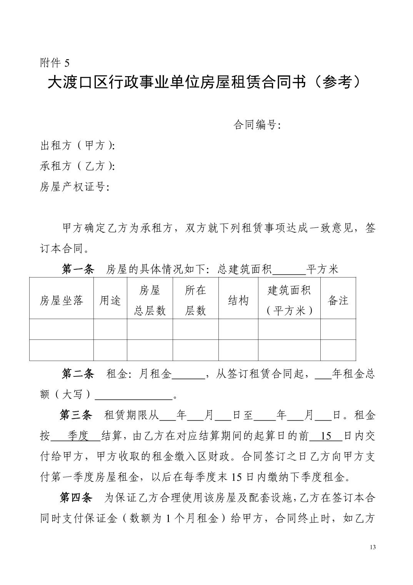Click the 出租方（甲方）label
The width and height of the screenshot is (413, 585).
pos(77,145)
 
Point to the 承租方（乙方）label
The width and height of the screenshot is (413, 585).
pos(77,166)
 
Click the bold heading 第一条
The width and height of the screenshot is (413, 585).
pos(78,269)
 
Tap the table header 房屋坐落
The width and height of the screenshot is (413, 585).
pos(62,301)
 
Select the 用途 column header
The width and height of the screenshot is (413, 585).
pos(110,301)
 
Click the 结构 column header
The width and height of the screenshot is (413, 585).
pos(238,301)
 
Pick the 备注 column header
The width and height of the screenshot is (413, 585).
pos(338,301)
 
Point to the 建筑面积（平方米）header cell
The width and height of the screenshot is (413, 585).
pos(289,301)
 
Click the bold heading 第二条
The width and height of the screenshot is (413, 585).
pos(78,374)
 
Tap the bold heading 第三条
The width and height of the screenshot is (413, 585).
pos(76,415)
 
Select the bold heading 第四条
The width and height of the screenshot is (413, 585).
pos(76,498)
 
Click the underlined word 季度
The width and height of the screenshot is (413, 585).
pos(78,436)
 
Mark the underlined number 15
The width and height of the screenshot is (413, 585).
pos(326,436)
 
